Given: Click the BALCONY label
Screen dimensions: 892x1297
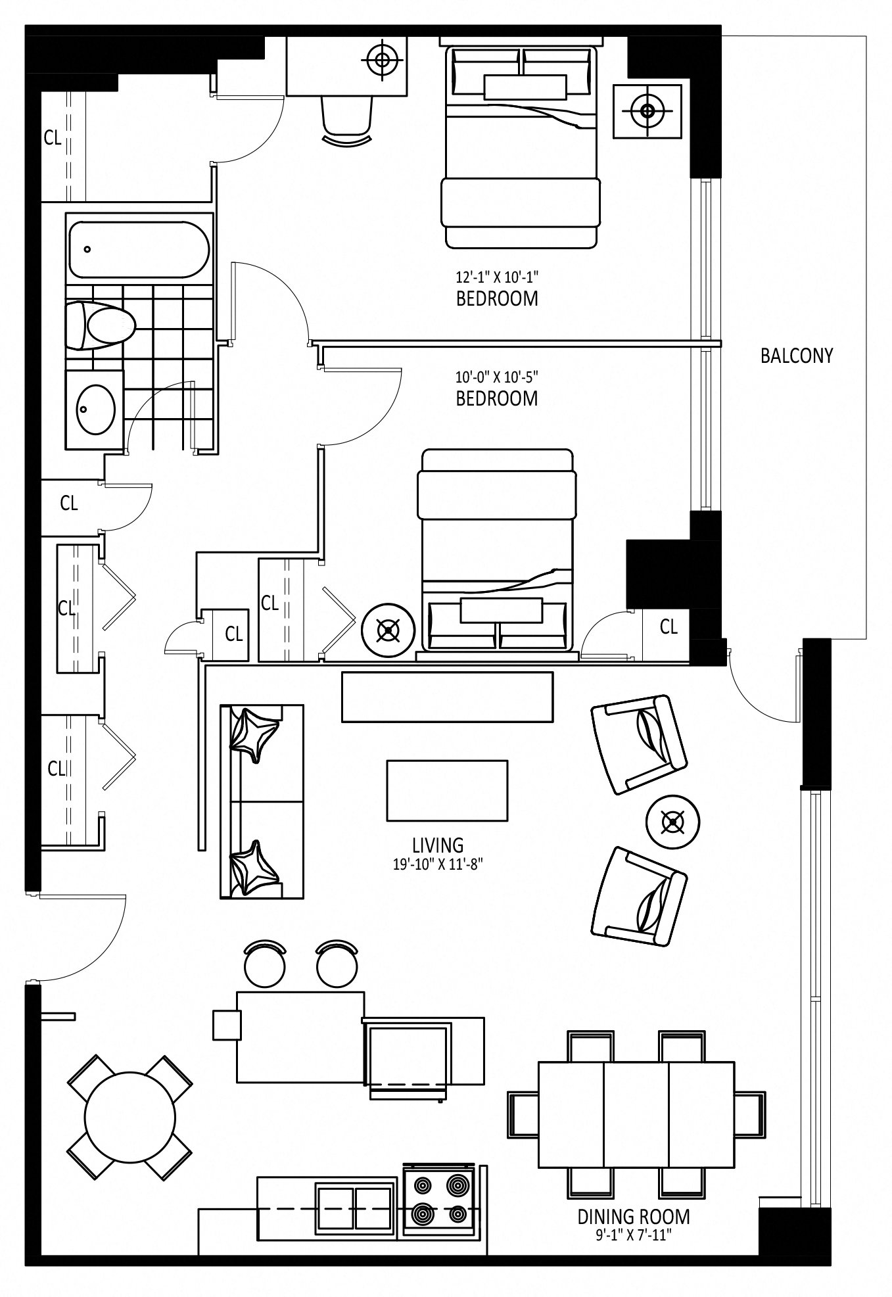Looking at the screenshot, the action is tap(796, 356).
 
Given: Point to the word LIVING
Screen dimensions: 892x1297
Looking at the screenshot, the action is tap(438, 845).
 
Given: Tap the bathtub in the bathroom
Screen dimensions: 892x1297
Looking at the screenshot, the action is tap(139, 249).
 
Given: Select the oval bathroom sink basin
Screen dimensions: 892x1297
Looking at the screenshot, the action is tap(95, 409).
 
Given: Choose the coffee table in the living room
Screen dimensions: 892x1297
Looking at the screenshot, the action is tap(447, 790).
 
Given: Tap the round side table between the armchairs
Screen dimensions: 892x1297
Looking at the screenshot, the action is tap(672, 822).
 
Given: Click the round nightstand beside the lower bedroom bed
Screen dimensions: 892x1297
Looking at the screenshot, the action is tap(388, 632).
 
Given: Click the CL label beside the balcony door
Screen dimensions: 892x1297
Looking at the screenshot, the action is tap(669, 627).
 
